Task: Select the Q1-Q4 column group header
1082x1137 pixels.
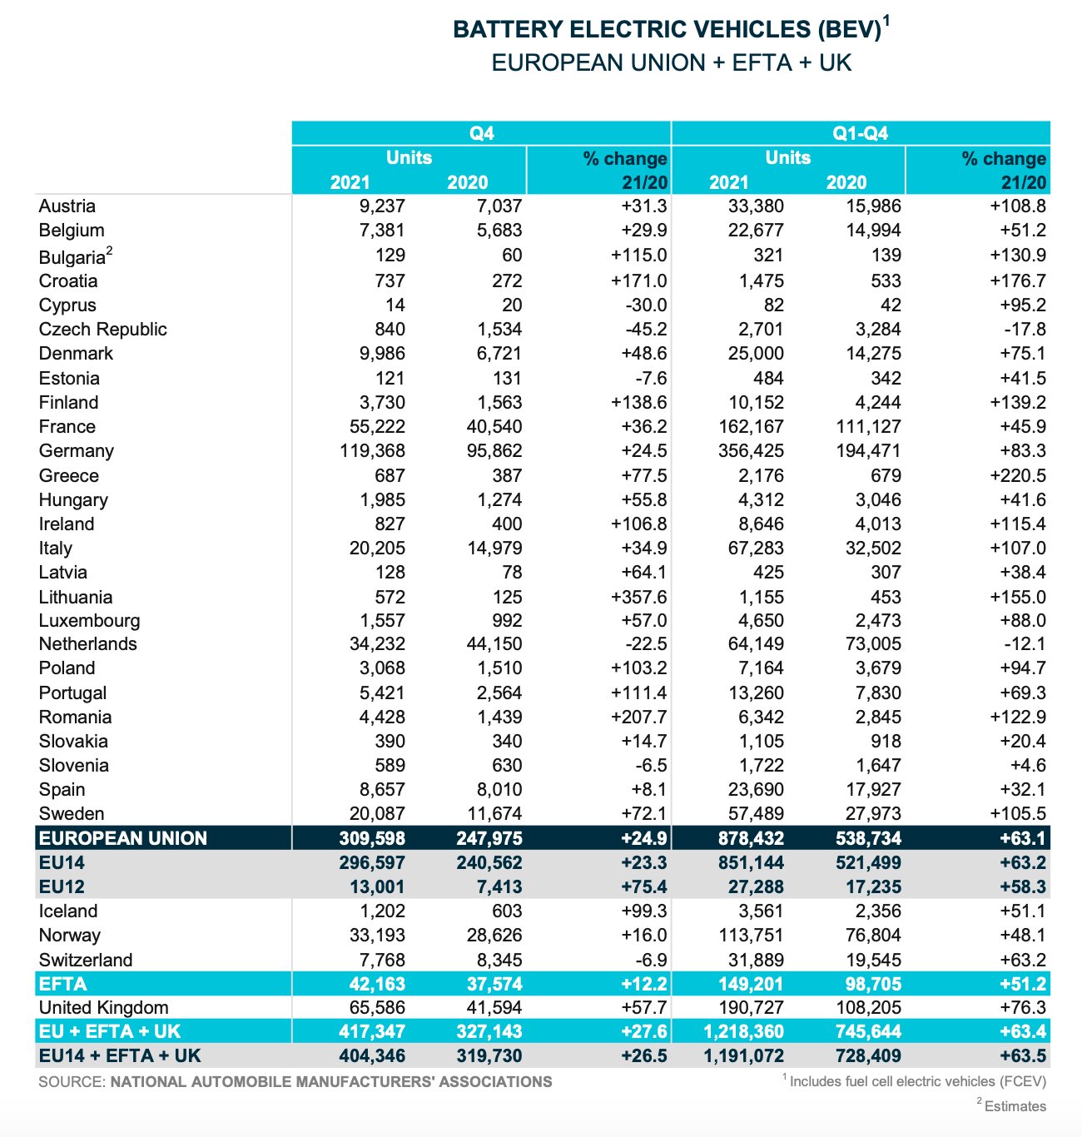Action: [x=860, y=133]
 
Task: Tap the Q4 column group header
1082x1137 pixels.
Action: [x=481, y=133]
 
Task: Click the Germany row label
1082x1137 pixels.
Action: [x=77, y=451]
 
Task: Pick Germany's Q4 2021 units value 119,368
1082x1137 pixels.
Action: [x=372, y=451]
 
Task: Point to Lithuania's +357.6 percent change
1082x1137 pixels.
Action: [x=638, y=597]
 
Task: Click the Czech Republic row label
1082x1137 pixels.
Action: [x=102, y=330]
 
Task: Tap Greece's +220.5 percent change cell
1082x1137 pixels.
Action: [x=1018, y=475]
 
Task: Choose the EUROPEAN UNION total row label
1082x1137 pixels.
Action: [x=123, y=838]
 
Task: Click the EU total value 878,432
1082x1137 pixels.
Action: [x=747, y=838]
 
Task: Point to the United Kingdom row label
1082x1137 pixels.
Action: [x=103, y=1008]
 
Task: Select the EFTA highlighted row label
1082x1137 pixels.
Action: [x=63, y=984]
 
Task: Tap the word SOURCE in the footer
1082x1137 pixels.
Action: [x=71, y=1082]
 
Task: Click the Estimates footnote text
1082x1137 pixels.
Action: [x=1015, y=1106]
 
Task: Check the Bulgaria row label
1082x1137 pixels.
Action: [x=72, y=256]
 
